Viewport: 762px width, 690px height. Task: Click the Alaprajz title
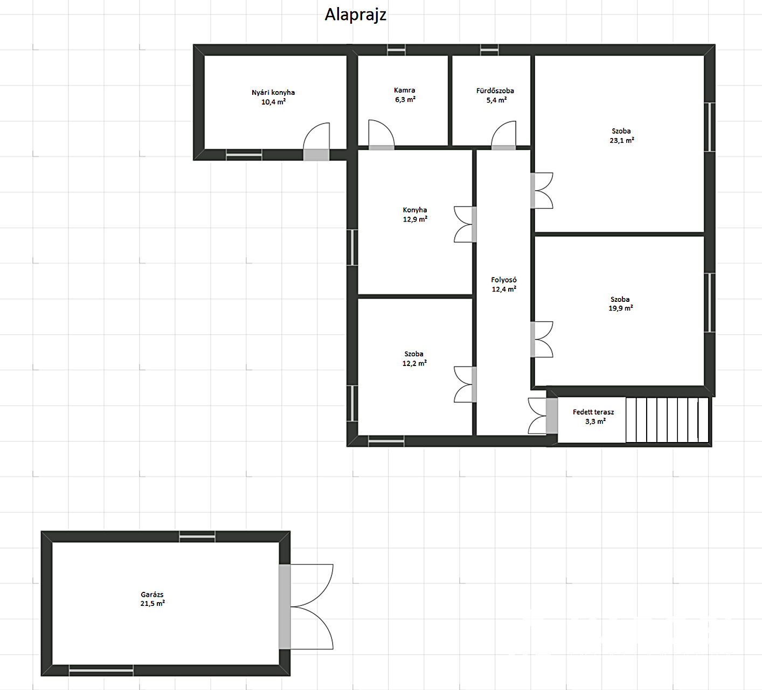coord(356,15)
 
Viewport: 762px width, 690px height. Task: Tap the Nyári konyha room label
coord(273,92)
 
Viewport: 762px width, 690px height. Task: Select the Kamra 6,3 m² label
coord(405,95)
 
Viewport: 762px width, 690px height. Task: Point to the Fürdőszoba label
coord(495,91)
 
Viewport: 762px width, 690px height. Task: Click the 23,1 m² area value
coord(622,140)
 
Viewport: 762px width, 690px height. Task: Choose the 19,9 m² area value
coord(621,308)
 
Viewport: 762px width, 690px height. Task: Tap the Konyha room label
coord(415,210)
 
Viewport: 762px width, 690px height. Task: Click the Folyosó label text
coord(504,280)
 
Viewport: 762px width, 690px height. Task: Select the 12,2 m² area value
coord(414,363)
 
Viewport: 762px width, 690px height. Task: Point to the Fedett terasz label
coord(593,412)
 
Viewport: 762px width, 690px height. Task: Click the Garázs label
coord(152,595)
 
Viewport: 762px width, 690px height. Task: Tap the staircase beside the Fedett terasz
coord(667,420)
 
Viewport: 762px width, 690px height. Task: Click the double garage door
coord(306,607)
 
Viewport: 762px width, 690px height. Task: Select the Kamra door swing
coord(382,135)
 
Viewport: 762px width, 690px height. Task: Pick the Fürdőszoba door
coord(504,135)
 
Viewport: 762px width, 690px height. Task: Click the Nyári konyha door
coord(316,141)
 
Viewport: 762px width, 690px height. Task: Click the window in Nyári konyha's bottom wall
coord(244,155)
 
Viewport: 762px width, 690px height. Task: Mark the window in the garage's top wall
coord(197,537)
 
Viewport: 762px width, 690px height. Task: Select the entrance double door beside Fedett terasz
coord(543,416)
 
